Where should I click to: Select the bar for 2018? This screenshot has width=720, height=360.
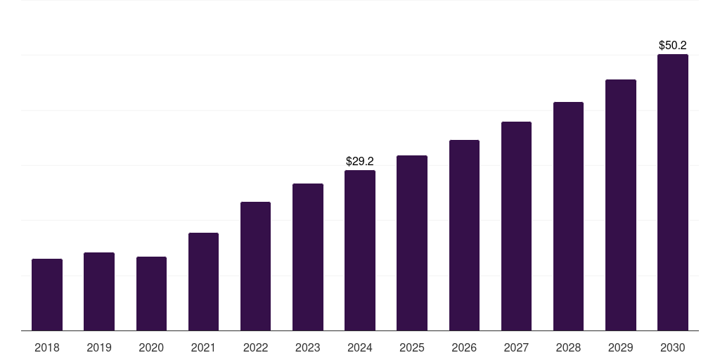[47, 295]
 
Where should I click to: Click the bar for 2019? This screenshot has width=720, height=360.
[99, 291]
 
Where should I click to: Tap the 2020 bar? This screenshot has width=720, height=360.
[151, 293]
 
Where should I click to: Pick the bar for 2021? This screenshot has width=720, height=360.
[203, 281]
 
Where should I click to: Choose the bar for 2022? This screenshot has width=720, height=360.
[255, 266]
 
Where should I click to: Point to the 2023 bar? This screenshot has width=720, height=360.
[308, 257]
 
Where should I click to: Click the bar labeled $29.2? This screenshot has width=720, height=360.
[360, 250]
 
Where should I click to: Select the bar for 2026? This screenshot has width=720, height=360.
[464, 235]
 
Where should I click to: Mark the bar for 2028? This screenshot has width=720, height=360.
[568, 216]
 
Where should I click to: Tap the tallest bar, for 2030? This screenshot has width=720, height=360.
[673, 192]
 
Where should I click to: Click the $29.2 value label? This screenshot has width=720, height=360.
[360, 162]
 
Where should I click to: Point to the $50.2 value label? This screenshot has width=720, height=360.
[673, 46]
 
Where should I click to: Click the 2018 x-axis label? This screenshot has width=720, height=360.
[47, 347]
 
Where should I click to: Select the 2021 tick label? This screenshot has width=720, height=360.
[203, 347]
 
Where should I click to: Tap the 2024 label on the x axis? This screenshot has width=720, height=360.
[360, 347]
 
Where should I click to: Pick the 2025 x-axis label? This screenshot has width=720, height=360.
[412, 347]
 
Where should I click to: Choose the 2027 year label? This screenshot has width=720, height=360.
[516, 347]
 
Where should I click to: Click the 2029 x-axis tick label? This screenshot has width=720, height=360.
[620, 347]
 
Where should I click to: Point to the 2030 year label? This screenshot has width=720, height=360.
[673, 347]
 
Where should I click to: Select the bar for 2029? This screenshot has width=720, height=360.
[620, 205]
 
